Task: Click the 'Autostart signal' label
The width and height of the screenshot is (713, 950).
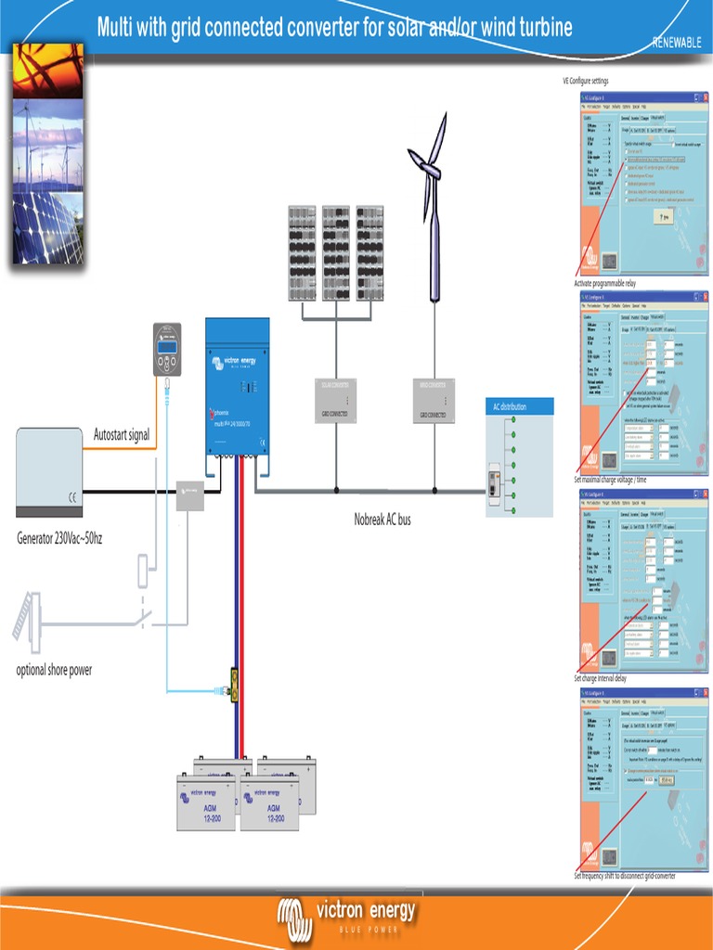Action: tap(122, 435)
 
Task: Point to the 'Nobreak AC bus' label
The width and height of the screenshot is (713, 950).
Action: tap(382, 520)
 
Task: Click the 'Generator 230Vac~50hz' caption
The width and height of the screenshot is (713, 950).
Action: tap(59, 538)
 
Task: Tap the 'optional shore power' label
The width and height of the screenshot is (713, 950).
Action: tap(54, 670)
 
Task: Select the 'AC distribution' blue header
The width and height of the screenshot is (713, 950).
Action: tap(520, 406)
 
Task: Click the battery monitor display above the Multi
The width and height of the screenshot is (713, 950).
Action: tap(167, 349)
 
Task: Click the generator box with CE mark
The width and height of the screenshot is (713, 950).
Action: tap(49, 471)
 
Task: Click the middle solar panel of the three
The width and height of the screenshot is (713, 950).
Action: tap(336, 252)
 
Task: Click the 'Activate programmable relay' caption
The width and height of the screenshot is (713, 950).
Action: tap(605, 283)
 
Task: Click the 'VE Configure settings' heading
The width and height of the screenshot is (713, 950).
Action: tap(586, 82)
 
